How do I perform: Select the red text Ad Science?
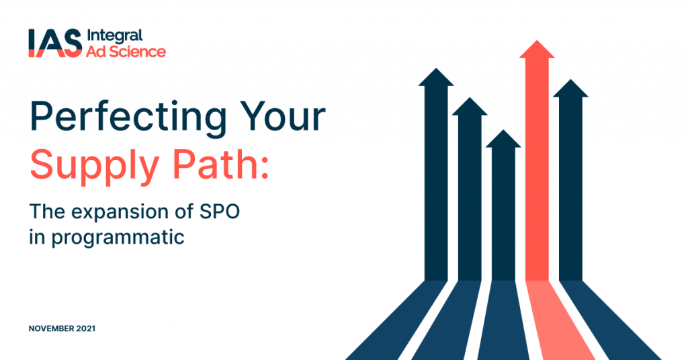click(126, 51)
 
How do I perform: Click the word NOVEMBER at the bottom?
click(52, 329)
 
